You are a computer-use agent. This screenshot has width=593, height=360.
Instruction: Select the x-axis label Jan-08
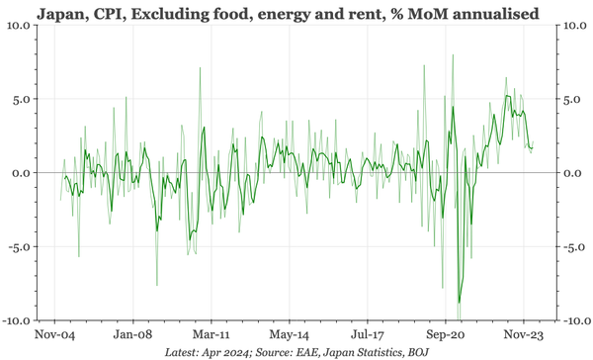[x=131, y=335]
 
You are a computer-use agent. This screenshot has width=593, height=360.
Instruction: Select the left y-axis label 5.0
[x=22, y=99]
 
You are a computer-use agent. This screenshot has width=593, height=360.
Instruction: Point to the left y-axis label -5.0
[x=20, y=247]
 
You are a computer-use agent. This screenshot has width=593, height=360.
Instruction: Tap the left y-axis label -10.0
[x=17, y=321]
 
